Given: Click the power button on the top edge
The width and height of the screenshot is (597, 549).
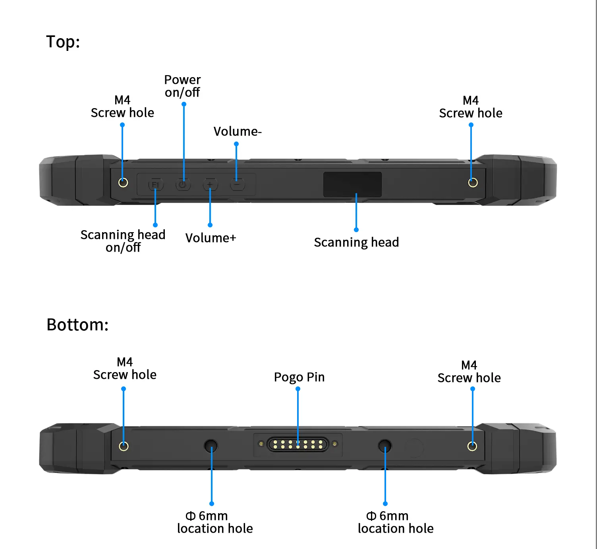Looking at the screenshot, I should pos(183,185).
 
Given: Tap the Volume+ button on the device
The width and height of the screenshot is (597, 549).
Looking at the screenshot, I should pos(210,185).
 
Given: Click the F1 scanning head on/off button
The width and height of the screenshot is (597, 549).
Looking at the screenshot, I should pos(155,185).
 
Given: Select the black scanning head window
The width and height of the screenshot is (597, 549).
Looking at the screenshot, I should pos(352,184).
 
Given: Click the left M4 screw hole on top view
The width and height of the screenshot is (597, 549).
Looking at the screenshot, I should pos(123,182).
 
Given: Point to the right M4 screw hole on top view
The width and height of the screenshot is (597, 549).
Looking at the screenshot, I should pos(473,182).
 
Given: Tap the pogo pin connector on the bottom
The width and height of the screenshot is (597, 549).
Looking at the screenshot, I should pos(298,444).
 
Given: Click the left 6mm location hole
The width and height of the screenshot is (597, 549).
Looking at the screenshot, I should pos(211,446).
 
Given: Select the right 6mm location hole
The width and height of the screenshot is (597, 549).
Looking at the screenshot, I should pos(384,446).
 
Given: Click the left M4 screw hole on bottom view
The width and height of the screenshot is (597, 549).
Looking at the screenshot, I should pos(124,446).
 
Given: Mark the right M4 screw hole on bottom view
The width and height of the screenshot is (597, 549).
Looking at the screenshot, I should pos(472,446).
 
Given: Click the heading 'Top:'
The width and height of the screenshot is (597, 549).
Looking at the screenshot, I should pos(63,42).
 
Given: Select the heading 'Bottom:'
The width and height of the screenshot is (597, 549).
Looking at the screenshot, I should pos(77,325).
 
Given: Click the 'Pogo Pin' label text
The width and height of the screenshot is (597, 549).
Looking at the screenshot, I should pos(299,377).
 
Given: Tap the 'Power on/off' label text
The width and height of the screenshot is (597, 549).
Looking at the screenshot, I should pos(182,86).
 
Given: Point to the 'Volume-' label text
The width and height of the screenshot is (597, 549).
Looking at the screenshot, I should pos(238,131).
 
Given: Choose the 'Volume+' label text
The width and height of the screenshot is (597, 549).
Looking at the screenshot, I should pos(211,238).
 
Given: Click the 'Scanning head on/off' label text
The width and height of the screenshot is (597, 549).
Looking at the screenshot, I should pos(123,241).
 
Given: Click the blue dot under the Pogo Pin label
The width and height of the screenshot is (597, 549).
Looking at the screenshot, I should pos(298,389).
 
